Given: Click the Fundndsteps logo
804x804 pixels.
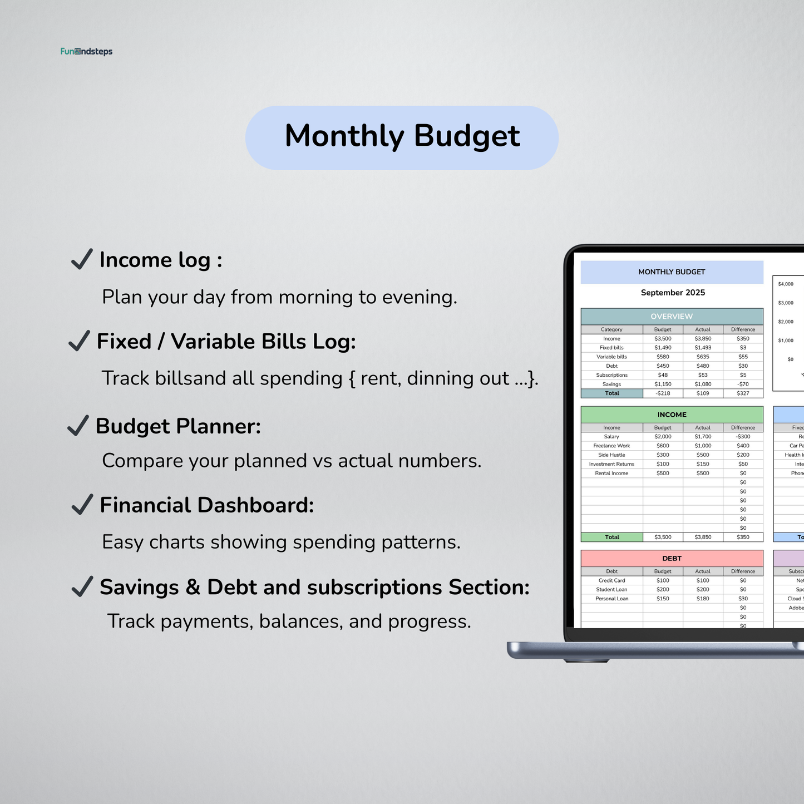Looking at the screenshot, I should click(86, 52).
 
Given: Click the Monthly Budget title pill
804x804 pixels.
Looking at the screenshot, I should click(402, 137).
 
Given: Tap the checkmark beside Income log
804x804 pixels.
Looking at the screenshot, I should click(82, 259).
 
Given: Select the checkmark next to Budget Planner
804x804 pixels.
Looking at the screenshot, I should click(78, 426).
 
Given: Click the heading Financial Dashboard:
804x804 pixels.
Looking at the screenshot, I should click(206, 505).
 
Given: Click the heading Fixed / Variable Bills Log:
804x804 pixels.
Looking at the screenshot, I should click(226, 342).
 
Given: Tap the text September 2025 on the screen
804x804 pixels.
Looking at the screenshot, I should click(672, 293).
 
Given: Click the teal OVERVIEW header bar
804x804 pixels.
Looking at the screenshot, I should click(672, 317).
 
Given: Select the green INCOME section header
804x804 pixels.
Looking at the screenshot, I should click(672, 415).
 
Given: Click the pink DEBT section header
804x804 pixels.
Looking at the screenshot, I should click(672, 558).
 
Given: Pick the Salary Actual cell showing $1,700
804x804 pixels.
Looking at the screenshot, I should click(703, 437).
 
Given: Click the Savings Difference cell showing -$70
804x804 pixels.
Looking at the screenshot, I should click(743, 384).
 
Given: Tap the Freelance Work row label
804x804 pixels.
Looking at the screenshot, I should click(611, 446).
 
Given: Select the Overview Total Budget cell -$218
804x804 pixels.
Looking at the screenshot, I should click(663, 393).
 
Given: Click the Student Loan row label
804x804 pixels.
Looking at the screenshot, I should click(611, 590).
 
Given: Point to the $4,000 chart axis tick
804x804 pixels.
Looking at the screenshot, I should click(786, 284).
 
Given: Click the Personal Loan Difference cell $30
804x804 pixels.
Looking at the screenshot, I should click(743, 599).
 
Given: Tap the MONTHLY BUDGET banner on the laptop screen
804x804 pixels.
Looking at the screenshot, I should click(672, 272).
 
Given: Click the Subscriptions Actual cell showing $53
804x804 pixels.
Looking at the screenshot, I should click(703, 375).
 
